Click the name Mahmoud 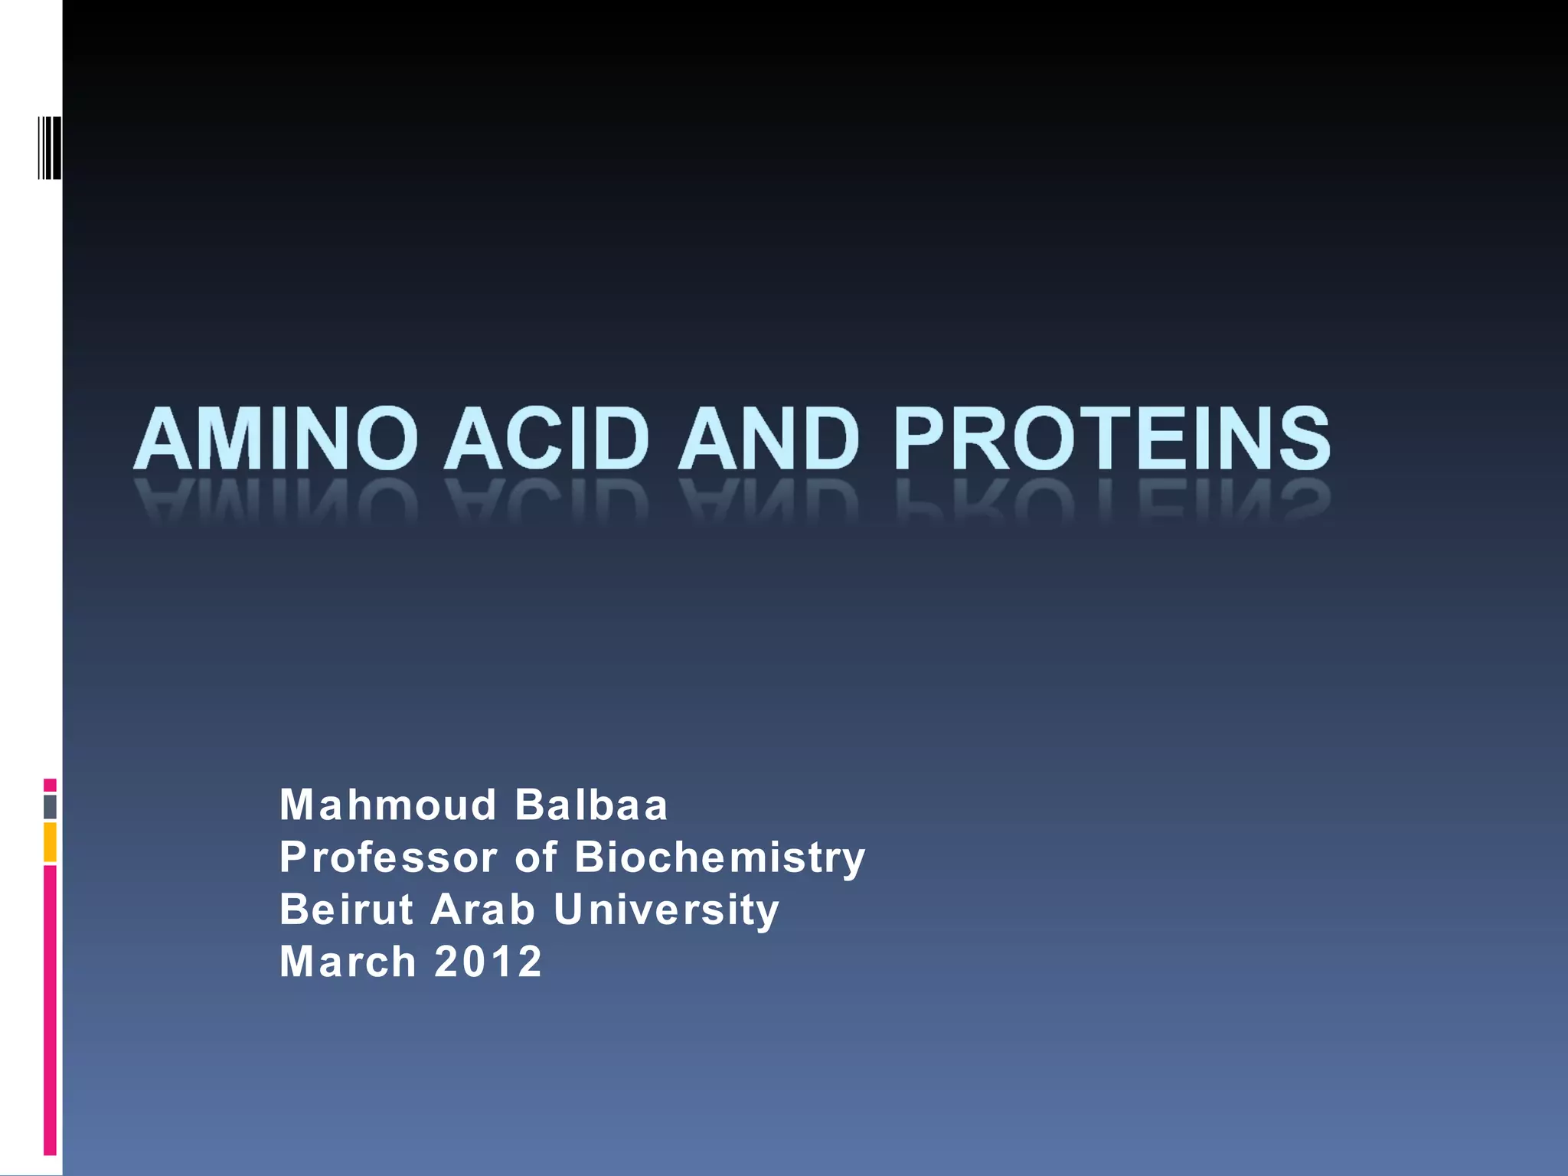(x=388, y=805)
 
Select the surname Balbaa (x=591, y=805)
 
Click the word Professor (x=388, y=857)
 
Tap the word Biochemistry (x=720, y=857)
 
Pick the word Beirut (x=347, y=910)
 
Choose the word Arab (x=482, y=910)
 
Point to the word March (x=348, y=962)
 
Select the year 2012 (x=488, y=962)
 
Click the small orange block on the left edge (x=50, y=842)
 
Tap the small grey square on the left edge (x=50, y=807)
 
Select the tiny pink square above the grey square (x=50, y=785)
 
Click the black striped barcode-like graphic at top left (x=50, y=148)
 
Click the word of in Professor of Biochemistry (x=536, y=857)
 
